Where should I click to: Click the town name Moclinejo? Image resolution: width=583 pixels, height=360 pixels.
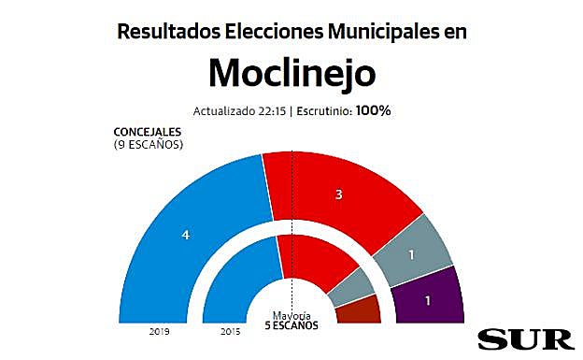coord(291,72)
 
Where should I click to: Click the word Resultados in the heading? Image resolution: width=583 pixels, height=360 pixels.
coord(165,30)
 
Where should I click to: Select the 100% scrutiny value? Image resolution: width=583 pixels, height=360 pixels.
coord(372,110)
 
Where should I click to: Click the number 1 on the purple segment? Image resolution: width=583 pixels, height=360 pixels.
coord(429,301)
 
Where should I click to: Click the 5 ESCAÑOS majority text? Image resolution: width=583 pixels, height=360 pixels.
coord(291,326)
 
